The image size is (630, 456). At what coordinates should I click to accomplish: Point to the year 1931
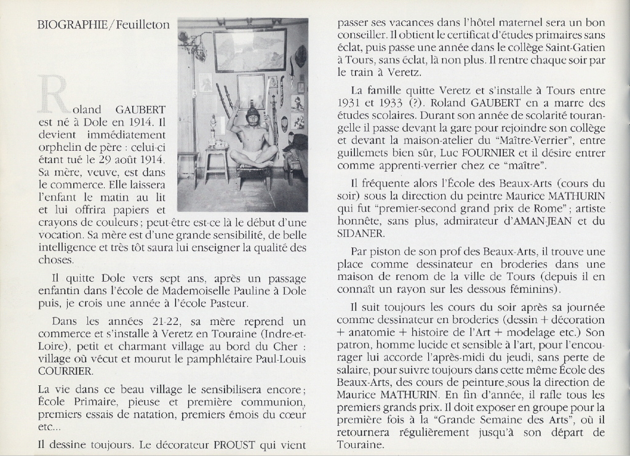[x=350, y=103]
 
